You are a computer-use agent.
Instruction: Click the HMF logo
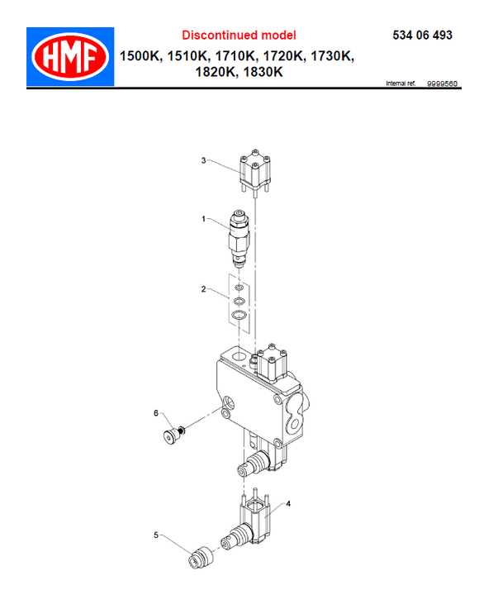coord(70,57)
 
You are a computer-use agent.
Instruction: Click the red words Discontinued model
coord(239,36)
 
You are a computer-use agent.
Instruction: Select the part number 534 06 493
coord(422,36)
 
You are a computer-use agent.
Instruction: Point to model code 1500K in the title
coord(140,56)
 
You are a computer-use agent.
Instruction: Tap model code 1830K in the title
coord(263,72)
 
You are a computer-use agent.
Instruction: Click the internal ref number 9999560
coord(442,83)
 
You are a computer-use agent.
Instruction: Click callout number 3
coord(203,160)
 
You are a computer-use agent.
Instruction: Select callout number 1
coord(203,219)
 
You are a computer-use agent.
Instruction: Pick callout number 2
coord(203,289)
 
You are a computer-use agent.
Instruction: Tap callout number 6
coord(156,413)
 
